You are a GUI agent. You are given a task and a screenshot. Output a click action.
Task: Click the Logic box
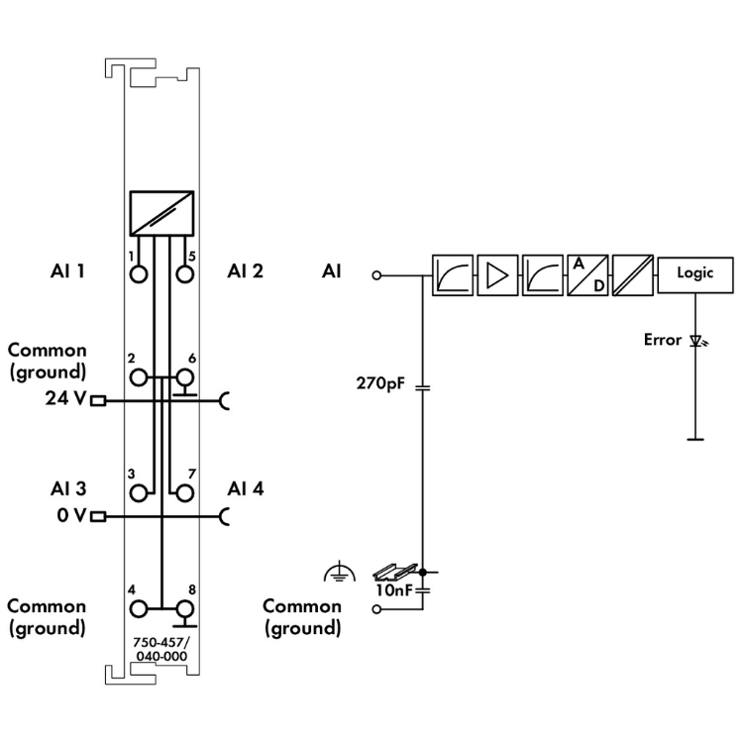pyautogui.click(x=694, y=273)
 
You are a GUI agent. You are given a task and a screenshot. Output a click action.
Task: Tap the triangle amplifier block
pyautogui.click(x=496, y=273)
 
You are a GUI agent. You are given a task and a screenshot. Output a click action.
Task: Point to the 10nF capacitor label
pyautogui.click(x=392, y=590)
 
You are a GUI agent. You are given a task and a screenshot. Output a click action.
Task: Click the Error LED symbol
pyautogui.click(x=697, y=342)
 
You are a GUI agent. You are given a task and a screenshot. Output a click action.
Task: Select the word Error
pyautogui.click(x=663, y=340)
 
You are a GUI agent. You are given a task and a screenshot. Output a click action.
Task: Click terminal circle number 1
pyautogui.click(x=138, y=273)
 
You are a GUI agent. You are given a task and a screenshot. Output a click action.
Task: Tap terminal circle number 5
pyautogui.click(x=183, y=273)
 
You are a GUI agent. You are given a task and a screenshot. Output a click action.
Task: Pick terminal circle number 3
pyautogui.click(x=138, y=492)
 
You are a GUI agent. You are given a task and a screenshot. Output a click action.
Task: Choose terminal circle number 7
pyautogui.click(x=183, y=492)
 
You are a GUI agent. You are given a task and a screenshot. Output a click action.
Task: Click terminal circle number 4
pyautogui.click(x=138, y=609)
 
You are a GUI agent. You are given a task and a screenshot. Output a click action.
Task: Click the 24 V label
pyautogui.click(x=66, y=400)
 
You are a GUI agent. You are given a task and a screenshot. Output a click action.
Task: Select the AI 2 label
pyautogui.click(x=245, y=270)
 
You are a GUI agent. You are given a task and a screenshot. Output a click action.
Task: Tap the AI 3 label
pyautogui.click(x=67, y=488)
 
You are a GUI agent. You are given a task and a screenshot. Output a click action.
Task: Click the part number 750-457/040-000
pyautogui.click(x=160, y=646)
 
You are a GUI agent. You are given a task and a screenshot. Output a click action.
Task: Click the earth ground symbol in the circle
pyautogui.click(x=337, y=573)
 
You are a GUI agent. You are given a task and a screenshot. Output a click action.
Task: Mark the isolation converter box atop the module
pyautogui.click(x=160, y=210)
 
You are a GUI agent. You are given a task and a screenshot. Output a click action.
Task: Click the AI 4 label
pyautogui.click(x=245, y=488)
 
